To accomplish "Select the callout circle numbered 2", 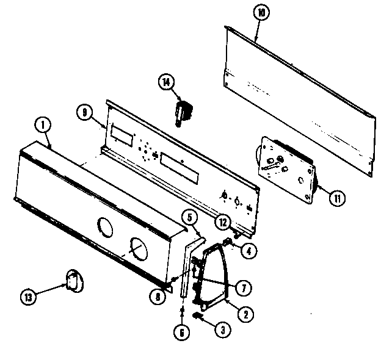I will tap(245, 315).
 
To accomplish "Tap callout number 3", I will tap(222, 329).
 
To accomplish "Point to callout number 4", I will tap(247, 249).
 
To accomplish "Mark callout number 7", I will tap(243, 286).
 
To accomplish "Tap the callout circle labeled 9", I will tap(85, 112).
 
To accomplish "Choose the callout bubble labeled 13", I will tap(29, 298).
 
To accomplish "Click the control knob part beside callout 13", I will tap(72, 281).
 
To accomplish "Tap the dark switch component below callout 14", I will tap(183, 113).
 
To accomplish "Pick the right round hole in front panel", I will tap(139, 249).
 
